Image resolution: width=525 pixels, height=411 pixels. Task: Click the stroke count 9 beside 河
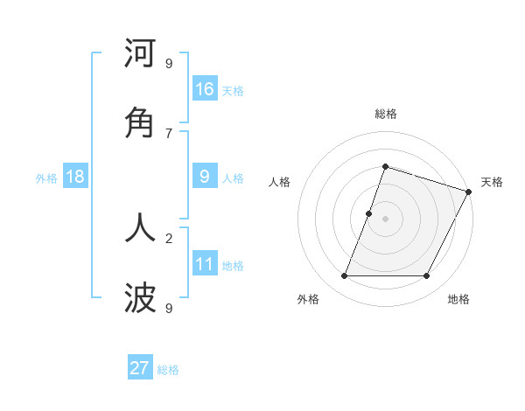click(x=169, y=64)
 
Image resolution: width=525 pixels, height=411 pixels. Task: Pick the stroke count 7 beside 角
click(x=169, y=133)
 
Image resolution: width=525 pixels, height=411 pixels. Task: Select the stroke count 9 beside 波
click(x=169, y=308)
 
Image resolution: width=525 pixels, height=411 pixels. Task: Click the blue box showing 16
click(x=205, y=89)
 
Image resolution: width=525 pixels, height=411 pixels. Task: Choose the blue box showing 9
click(x=205, y=177)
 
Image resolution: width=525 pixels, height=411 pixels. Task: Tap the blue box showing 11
click(x=205, y=263)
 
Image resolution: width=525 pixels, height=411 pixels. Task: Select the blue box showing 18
click(x=75, y=177)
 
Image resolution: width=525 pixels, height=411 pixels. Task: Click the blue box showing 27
click(x=140, y=368)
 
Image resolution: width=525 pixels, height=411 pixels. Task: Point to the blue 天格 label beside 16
click(x=233, y=91)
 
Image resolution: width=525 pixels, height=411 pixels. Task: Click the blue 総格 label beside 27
click(x=168, y=370)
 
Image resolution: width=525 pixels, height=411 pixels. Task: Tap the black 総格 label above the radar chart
click(x=385, y=114)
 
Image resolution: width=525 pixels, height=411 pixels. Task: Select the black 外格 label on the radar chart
click(x=308, y=299)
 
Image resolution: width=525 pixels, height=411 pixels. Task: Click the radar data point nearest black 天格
click(x=469, y=191)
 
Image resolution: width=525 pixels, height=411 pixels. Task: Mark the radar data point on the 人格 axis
click(x=369, y=213)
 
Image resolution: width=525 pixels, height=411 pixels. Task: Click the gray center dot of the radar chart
click(x=385, y=218)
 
